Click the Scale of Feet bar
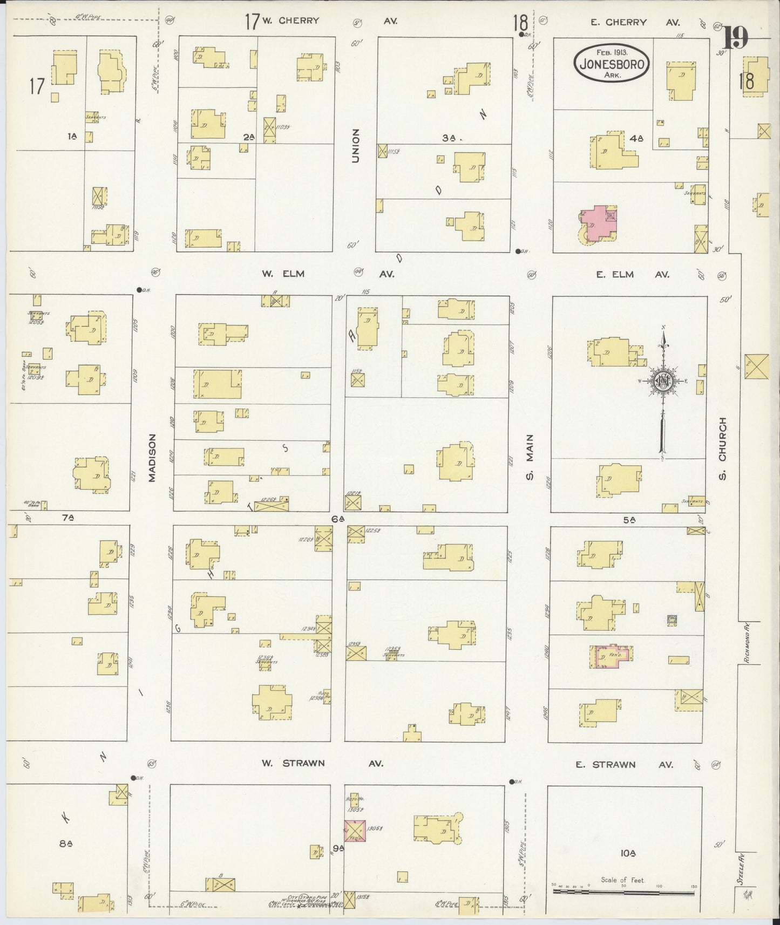coord(624,889)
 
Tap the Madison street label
coord(153,458)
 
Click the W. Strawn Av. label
coord(322,763)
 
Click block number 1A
coord(72,137)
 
